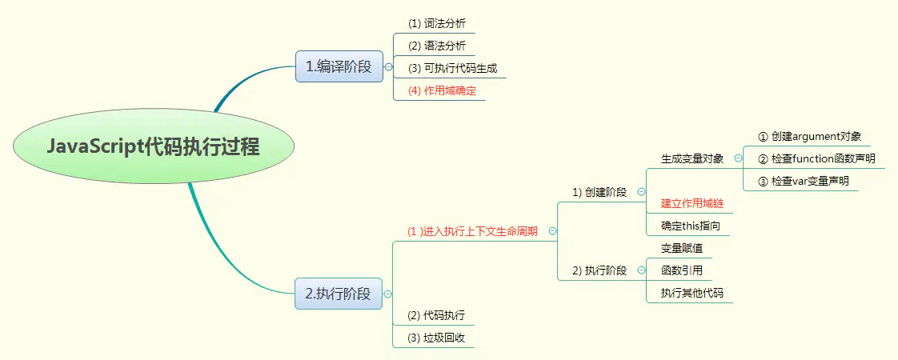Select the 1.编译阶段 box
click(339, 67)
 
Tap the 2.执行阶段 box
click(339, 294)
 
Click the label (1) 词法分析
click(436, 23)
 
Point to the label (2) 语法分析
click(436, 46)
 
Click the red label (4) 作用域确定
click(442, 90)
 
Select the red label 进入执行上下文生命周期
click(471, 231)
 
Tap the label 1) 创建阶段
click(600, 192)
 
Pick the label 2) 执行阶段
click(600, 270)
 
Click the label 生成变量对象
click(692, 158)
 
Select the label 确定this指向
click(690, 226)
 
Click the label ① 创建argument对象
click(809, 136)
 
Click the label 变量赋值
click(680, 248)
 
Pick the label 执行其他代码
click(692, 293)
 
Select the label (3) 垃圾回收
click(436, 338)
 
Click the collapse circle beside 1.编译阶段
click(388, 67)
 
